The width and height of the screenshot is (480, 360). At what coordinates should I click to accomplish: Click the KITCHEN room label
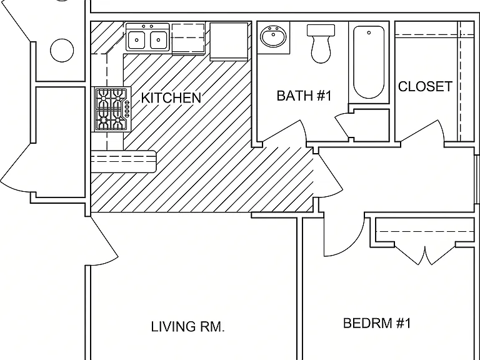point(171,97)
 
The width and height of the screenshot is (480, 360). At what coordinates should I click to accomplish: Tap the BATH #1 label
point(304,96)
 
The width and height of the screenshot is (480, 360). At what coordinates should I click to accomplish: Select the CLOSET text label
point(425,86)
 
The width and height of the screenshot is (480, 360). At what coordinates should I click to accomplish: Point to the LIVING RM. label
point(188,327)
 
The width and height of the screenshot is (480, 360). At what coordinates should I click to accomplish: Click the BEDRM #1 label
point(376,323)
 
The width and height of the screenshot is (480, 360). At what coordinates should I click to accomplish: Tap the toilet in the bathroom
point(321,44)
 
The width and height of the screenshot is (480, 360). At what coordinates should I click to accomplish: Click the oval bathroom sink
point(273,36)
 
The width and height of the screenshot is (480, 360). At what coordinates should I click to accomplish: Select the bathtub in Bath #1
point(369,62)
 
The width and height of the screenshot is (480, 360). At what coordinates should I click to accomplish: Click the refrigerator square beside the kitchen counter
point(229,41)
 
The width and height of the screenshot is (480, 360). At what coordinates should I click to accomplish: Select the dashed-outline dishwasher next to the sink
point(188,39)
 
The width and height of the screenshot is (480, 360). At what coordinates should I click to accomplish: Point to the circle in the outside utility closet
point(62,51)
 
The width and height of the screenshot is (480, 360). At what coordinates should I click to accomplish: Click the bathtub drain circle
point(369,32)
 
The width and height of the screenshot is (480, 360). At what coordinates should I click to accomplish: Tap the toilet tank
point(321,30)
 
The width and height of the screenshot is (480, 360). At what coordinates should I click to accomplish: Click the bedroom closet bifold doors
point(425,255)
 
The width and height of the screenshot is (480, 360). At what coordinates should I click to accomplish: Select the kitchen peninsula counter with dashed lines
point(124,161)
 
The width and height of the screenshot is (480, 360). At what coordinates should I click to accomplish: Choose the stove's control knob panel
point(127,109)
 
